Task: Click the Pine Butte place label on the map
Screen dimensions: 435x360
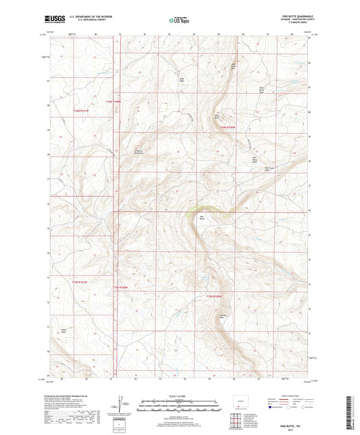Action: click(201, 217)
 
